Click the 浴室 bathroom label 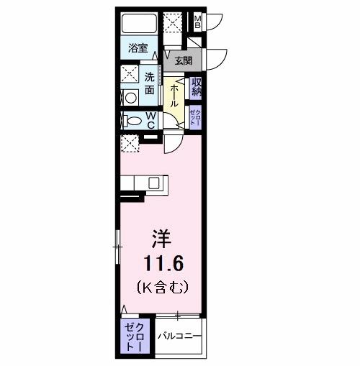point(138,50)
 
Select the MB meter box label point(197,22)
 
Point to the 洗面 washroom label point(150,83)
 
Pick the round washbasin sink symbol point(131,99)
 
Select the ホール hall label point(174,94)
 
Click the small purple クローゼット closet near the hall point(196,116)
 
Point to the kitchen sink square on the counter point(153,183)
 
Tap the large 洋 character point(161,238)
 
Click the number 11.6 point(161,262)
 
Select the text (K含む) point(162,288)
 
